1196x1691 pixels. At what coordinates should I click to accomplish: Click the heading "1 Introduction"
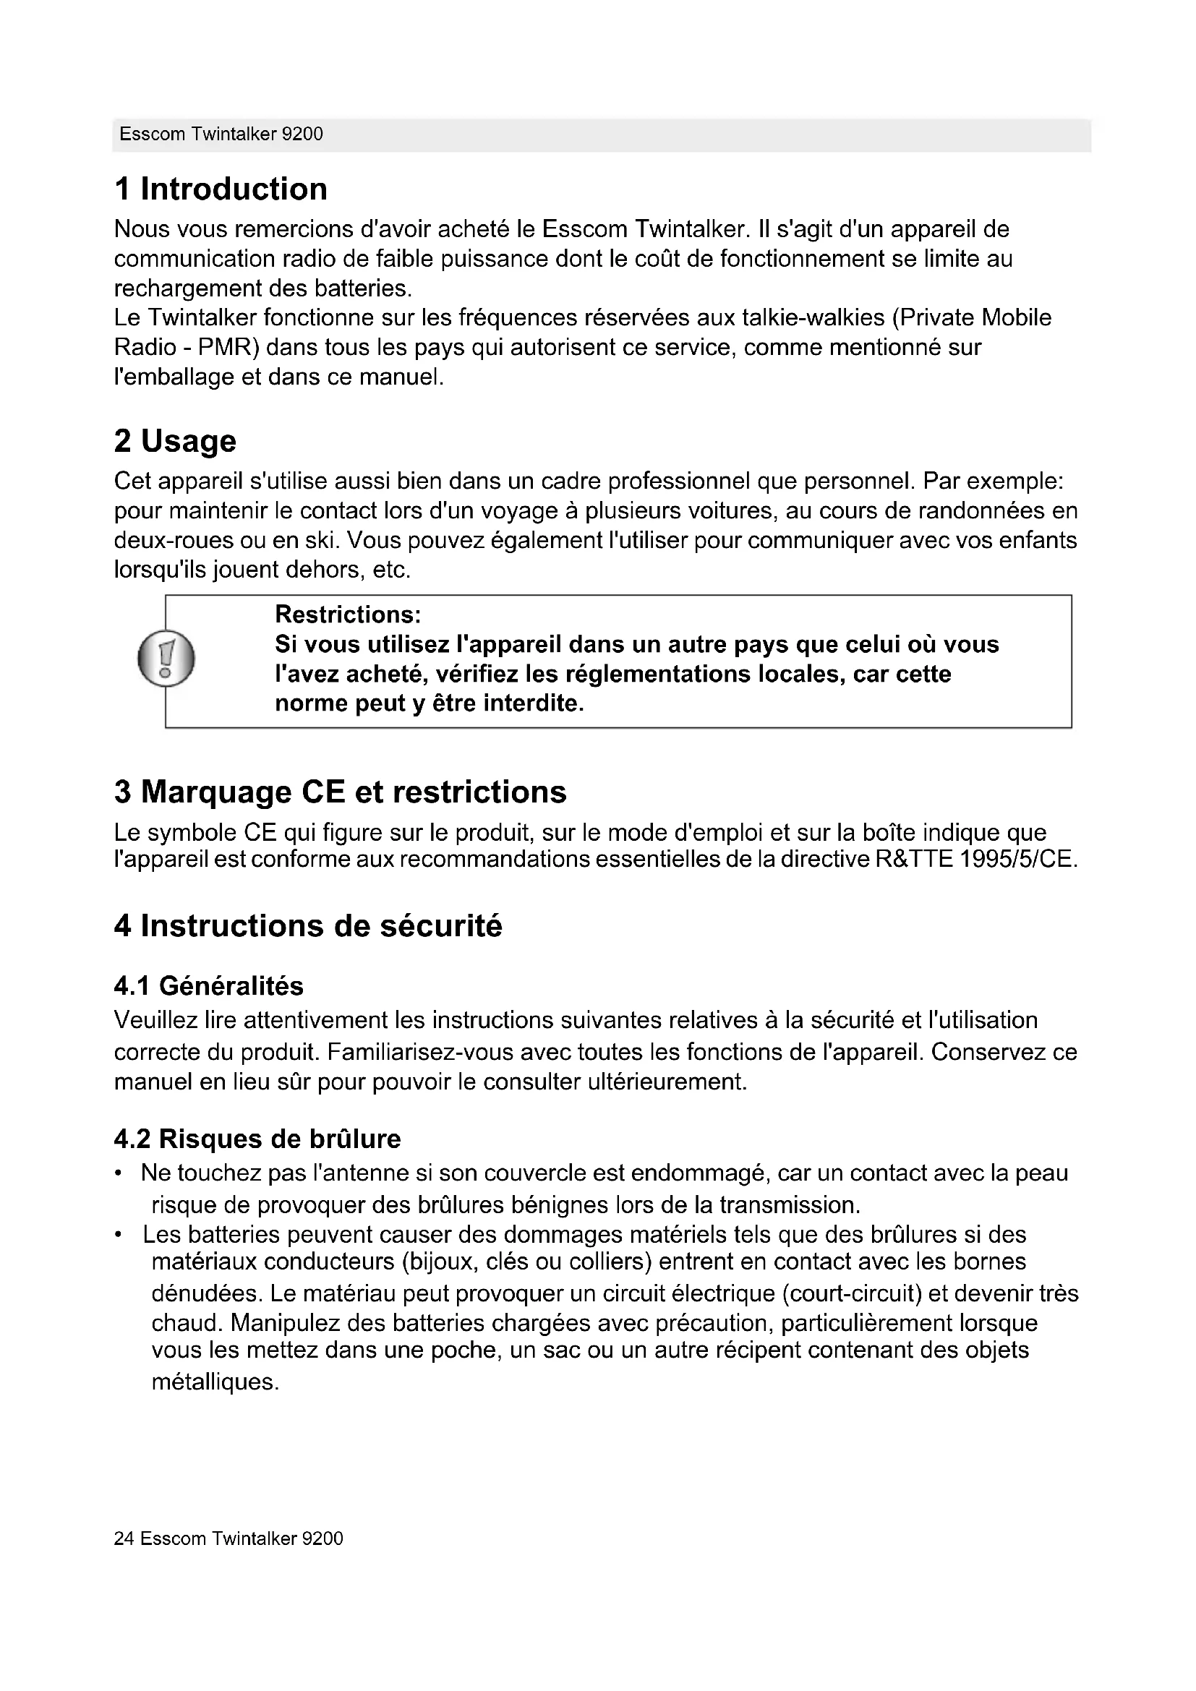[x=221, y=189]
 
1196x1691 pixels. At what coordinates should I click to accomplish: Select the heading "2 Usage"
[x=175, y=441]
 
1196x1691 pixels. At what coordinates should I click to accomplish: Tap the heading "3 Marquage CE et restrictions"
[x=341, y=792]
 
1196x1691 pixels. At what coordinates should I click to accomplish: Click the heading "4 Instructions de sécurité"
[x=308, y=926]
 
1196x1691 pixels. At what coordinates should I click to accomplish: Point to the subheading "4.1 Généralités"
[x=208, y=985]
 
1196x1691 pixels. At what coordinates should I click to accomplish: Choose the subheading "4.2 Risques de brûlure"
[x=257, y=1139]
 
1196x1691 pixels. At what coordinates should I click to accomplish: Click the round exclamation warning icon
[x=166, y=659]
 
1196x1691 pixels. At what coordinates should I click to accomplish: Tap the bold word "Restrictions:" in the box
[x=348, y=615]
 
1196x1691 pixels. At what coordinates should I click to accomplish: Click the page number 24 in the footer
[x=123, y=1538]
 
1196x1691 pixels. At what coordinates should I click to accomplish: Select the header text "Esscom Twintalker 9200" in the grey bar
[x=221, y=134]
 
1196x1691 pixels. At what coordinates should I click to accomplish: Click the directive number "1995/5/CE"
[x=1019, y=860]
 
